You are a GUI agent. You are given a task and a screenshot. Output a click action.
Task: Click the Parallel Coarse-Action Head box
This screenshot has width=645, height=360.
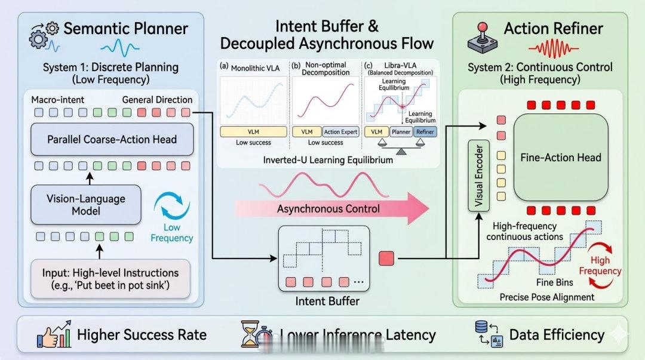pyautogui.click(x=112, y=140)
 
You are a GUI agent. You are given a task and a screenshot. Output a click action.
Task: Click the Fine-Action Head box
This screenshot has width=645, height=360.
pyautogui.click(x=560, y=158)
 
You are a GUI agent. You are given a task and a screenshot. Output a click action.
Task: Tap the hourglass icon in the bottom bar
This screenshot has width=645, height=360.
pyautogui.click(x=253, y=335)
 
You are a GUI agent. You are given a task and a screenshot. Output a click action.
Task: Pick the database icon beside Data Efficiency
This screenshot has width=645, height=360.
pyautogui.click(x=485, y=334)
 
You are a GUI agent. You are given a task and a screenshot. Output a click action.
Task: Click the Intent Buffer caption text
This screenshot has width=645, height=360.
pyautogui.click(x=327, y=301)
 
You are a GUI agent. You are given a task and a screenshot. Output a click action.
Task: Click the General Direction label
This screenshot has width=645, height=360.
pyautogui.click(x=157, y=99)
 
